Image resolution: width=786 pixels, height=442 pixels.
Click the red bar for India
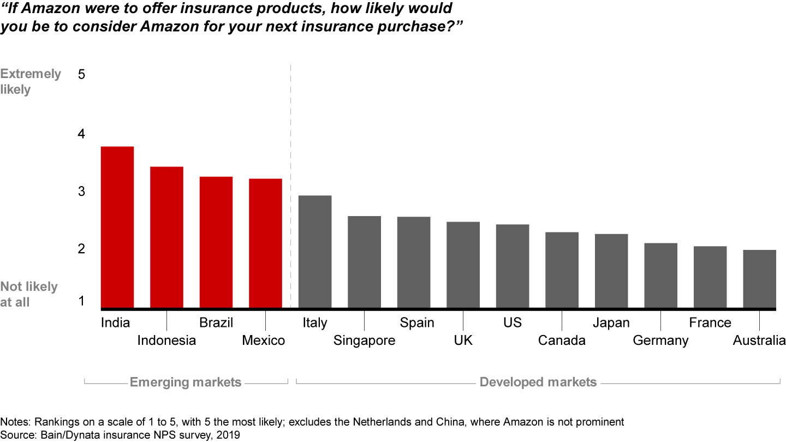[117, 227]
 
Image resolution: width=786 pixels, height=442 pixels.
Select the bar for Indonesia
[166, 237]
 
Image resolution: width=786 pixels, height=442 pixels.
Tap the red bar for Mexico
[265, 243]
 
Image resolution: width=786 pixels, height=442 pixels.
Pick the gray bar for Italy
[315, 252]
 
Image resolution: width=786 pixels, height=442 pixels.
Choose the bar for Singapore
[364, 262]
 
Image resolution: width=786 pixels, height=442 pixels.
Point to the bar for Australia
[759, 279]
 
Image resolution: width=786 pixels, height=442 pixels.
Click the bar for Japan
[611, 271]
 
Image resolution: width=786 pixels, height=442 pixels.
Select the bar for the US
[513, 266]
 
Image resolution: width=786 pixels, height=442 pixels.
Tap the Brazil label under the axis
[216, 323]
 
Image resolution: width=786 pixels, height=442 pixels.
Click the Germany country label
[660, 341]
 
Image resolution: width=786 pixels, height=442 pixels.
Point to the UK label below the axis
[463, 341]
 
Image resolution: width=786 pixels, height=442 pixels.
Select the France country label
[710, 323]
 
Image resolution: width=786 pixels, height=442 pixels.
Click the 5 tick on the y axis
[82, 74]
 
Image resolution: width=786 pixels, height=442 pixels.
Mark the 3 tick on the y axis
[82, 192]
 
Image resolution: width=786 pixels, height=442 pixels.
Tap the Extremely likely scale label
[31, 81]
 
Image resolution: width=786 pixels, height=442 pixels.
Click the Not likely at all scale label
[28, 294]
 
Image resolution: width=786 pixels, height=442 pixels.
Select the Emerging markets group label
[186, 382]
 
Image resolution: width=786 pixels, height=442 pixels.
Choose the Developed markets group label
[538, 382]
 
